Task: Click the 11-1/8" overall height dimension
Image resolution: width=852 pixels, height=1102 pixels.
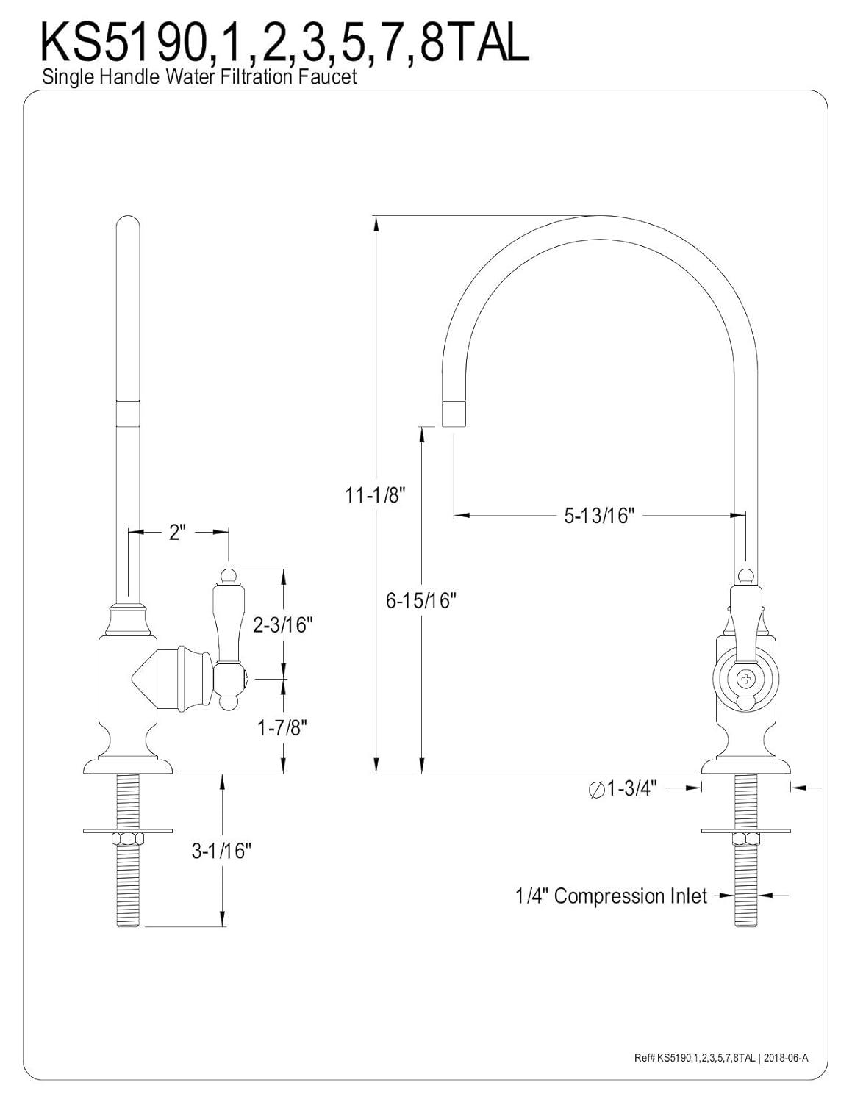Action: tap(376, 495)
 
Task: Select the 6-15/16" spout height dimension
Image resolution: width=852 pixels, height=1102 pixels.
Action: tap(421, 600)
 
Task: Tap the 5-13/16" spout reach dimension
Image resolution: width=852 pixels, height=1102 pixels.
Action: tap(598, 516)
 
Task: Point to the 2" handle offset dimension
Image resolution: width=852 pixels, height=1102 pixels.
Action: tap(176, 531)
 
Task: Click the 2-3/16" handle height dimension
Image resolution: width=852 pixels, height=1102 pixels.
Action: tap(283, 625)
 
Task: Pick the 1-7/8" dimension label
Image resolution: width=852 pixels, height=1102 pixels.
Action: tap(282, 727)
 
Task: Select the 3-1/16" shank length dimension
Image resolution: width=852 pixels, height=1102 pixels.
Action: tap(221, 851)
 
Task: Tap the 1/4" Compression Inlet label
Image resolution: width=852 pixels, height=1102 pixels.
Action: tap(611, 896)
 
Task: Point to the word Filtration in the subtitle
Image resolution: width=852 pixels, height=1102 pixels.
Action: tap(252, 76)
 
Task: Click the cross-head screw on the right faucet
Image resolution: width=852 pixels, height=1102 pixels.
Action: tap(746, 677)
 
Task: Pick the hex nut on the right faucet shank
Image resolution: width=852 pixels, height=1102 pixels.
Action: tap(745, 838)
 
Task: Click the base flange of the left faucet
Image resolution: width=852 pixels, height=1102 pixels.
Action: tap(128, 766)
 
